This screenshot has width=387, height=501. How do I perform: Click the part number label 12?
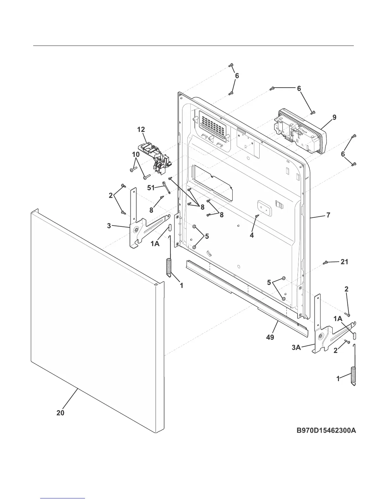coord(141,129)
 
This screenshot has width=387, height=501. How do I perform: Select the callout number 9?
coord(334,117)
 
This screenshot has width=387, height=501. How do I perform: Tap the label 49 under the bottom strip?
coord(270,337)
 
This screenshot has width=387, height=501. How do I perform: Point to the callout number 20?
coord(60,413)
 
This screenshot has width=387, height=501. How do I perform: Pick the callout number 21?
coord(344,262)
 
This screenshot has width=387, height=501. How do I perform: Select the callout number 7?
coord(328,215)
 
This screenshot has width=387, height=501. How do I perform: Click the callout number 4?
coord(252,236)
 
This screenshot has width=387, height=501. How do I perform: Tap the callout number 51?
coord(151,188)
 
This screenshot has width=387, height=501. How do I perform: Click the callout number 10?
coord(136,155)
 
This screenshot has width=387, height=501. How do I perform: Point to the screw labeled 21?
coord(325,263)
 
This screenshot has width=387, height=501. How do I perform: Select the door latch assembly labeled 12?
coord(155,157)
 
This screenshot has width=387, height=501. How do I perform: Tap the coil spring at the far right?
coord(354,375)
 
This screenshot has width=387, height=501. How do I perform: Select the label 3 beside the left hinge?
coord(109,226)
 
